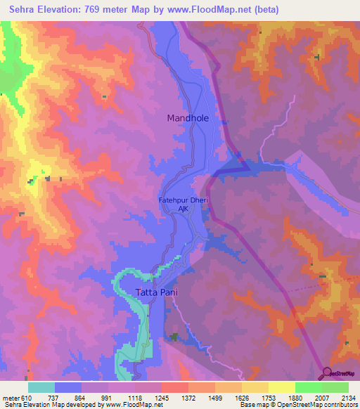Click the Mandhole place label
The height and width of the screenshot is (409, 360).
pos(188,118)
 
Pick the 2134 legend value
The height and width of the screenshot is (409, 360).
pos(348,397)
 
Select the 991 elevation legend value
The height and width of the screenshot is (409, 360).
pos(108,397)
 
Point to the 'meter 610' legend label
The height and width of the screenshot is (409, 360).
pos(17,397)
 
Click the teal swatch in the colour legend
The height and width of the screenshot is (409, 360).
pos(41,387)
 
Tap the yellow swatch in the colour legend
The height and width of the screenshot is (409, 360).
pos(281,387)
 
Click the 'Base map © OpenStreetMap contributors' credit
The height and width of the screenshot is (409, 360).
pos(297,405)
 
